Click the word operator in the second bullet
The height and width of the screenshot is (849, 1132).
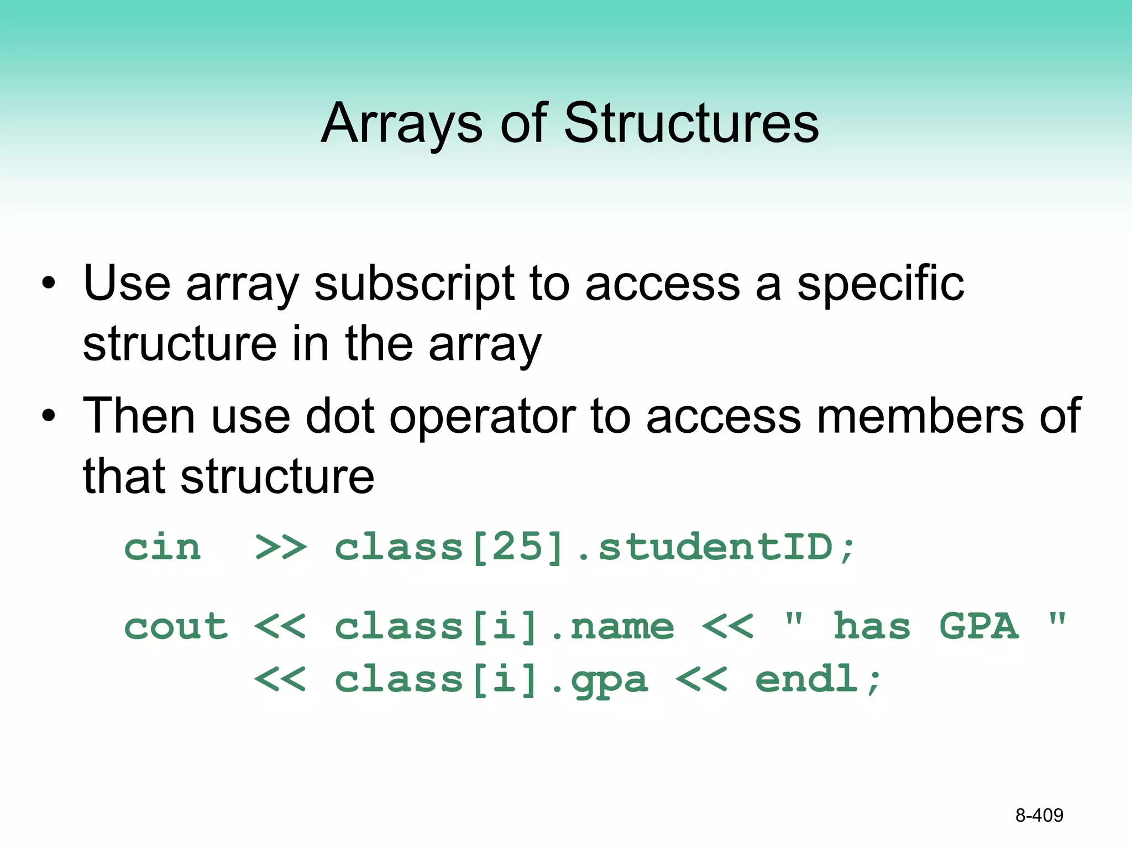click(483, 416)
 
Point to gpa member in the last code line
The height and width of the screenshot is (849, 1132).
click(609, 680)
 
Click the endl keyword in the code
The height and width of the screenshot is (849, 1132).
click(806, 679)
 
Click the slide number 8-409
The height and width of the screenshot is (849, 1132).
click(1039, 815)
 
